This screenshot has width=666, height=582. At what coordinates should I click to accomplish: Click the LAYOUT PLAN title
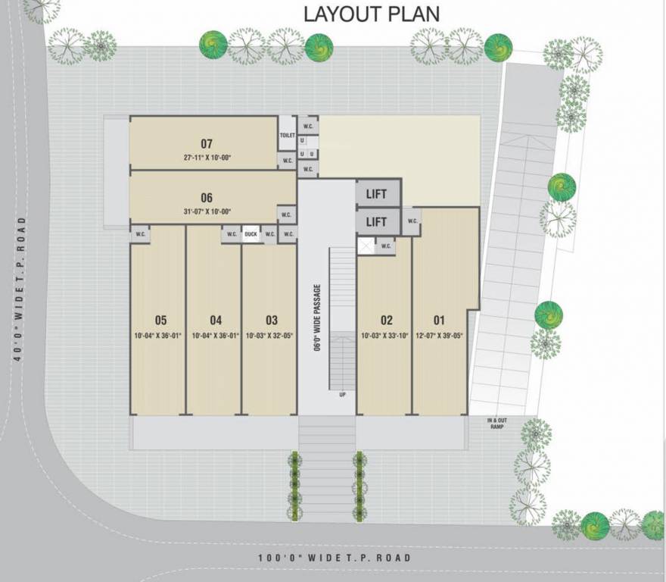(372, 14)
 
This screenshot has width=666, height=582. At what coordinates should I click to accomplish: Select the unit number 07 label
(207, 143)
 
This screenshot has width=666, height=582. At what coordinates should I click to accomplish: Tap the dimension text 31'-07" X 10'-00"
(207, 211)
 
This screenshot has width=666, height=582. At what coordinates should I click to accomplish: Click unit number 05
(160, 320)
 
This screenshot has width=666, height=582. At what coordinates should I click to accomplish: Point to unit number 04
(216, 320)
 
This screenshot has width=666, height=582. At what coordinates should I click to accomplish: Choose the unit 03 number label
(272, 320)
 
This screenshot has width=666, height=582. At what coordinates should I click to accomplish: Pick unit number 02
(387, 320)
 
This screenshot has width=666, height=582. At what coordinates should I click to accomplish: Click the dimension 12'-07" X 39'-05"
(439, 335)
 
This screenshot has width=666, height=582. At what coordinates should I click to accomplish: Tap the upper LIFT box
(376, 194)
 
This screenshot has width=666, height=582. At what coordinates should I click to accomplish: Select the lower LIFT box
(376, 221)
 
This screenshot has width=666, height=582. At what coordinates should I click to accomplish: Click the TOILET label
(287, 135)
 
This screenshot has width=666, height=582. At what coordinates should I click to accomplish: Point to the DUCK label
(251, 234)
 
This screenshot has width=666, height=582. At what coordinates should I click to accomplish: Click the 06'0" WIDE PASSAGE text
(317, 318)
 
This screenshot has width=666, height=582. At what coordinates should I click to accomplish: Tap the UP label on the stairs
(342, 394)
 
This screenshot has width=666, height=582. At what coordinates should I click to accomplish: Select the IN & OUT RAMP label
(496, 424)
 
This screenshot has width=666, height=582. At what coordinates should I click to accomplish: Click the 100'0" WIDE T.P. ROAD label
(335, 559)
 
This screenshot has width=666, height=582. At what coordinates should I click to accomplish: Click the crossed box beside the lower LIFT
(366, 246)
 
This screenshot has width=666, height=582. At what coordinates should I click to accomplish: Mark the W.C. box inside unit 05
(141, 234)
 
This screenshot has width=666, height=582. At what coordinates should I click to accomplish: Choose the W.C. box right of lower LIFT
(412, 221)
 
